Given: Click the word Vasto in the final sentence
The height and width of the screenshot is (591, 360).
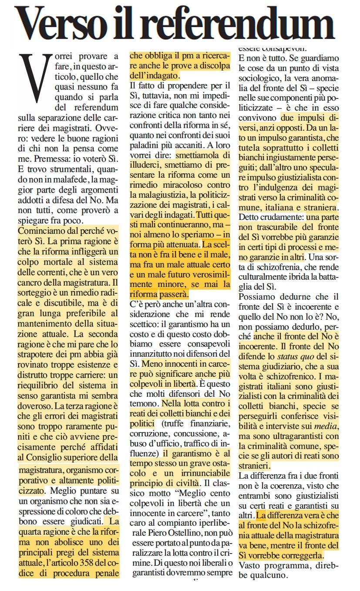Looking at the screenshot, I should (252, 565).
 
